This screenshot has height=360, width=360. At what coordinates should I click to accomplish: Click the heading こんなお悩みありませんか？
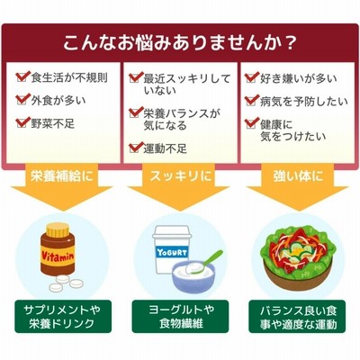(180, 44)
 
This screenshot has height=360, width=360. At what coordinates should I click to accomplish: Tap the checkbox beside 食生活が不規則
(22, 77)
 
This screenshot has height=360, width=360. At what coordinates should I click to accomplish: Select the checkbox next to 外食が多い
(22, 100)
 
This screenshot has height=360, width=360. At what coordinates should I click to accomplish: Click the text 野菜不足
(53, 123)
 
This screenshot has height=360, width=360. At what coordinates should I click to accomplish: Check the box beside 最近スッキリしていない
(136, 77)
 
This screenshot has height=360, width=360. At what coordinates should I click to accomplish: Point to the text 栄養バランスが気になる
(182, 119)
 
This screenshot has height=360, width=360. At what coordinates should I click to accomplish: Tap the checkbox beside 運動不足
(136, 148)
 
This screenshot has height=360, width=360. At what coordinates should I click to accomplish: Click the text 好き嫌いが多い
(299, 78)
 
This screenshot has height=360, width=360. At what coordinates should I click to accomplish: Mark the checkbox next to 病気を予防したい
(251, 101)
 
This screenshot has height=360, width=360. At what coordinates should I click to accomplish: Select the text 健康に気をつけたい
(293, 130)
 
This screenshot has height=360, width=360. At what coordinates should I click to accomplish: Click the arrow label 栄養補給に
(62, 175)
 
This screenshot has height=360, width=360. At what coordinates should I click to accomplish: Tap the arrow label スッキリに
(181, 175)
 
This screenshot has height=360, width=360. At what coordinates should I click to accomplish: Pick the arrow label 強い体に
(298, 175)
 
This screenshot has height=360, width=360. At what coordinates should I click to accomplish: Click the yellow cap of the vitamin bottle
(58, 229)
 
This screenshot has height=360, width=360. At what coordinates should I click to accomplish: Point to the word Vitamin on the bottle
(58, 256)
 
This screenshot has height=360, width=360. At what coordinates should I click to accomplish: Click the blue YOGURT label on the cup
(172, 253)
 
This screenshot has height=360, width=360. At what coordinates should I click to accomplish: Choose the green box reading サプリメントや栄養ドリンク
(63, 317)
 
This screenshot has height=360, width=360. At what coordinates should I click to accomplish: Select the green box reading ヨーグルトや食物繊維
(180, 317)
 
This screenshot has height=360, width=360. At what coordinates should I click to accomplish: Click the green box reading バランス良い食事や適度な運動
(297, 317)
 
